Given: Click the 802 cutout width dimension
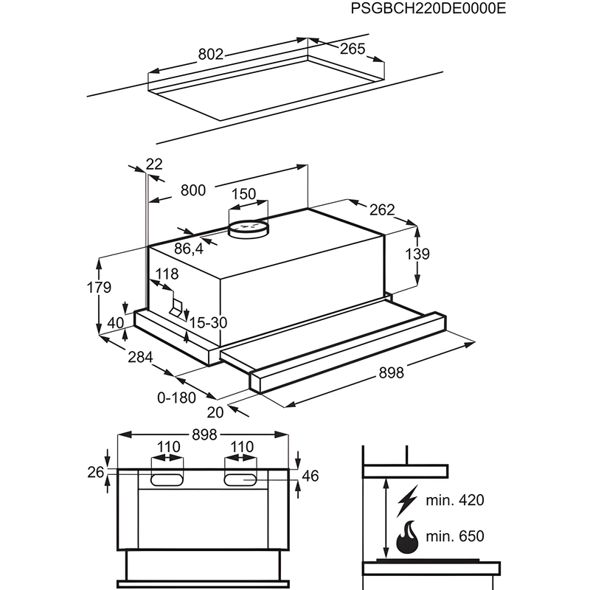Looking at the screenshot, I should pos(211,54).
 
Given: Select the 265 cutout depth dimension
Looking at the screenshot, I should pos(353,49).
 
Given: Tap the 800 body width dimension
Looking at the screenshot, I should pos(192,190).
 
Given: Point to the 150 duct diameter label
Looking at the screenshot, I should pos(243,194).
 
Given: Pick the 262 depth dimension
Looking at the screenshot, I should pos(382,209).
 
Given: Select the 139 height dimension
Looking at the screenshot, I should pos(417,254).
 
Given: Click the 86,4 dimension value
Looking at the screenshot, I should pos(189,249).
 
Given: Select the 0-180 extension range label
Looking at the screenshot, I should pos(177,398).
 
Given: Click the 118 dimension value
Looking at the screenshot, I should pos(167,274).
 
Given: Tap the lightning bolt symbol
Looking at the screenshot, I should pos(406,501).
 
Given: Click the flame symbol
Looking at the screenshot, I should pos(408,538).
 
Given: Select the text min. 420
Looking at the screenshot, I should pos(454,501).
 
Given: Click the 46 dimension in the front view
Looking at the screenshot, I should pos(310,476).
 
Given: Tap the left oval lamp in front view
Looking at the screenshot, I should pos(167,480).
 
